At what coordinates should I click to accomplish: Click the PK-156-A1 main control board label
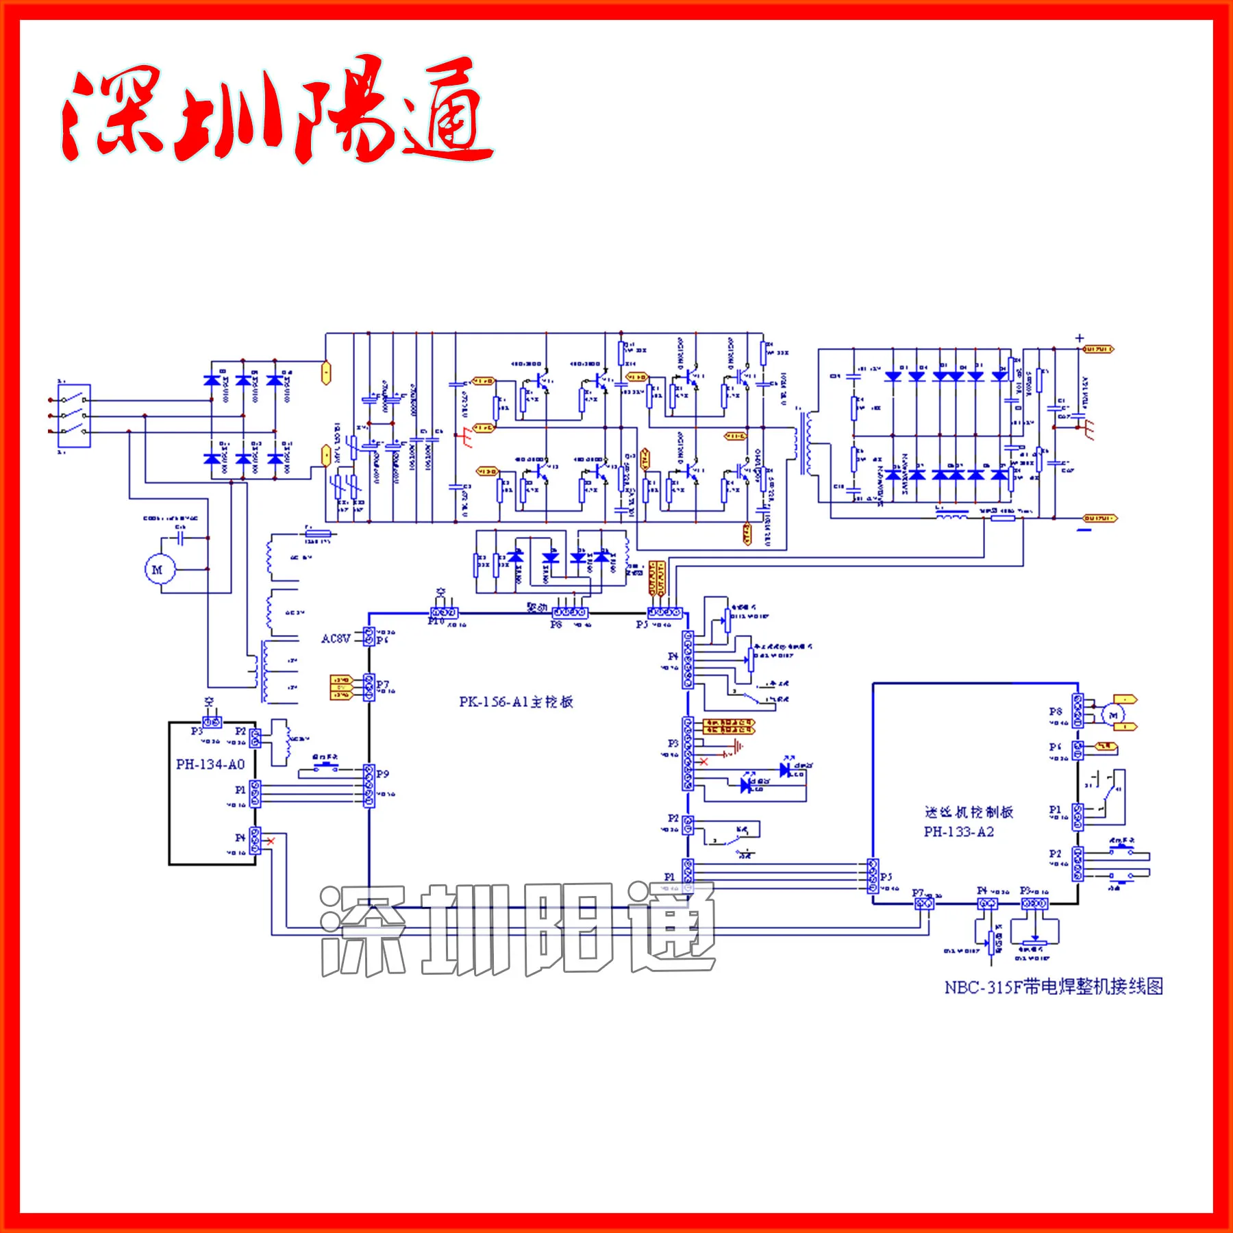coord(515,701)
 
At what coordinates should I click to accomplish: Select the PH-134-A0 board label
coord(210,764)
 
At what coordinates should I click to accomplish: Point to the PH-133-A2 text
coord(958,832)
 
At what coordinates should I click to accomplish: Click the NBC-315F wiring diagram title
coord(1054,987)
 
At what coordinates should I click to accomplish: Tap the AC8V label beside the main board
coord(336,638)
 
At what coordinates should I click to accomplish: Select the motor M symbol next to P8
coord(1112,715)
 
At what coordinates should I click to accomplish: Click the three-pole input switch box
coord(74,416)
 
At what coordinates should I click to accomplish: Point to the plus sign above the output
coord(1080,338)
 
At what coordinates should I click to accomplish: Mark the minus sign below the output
coord(1084,530)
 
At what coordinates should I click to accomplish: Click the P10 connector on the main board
coord(444,612)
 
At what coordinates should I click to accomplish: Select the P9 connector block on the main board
coord(369,786)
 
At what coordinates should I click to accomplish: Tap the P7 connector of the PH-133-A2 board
coord(924,904)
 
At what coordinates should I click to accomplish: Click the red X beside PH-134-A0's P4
coord(271,840)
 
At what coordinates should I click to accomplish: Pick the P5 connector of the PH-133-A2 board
coord(873,876)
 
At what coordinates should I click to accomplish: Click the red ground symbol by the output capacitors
coord(1086,428)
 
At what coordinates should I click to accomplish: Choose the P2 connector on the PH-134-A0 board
coord(255,738)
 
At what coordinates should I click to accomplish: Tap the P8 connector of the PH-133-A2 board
coord(1078,711)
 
